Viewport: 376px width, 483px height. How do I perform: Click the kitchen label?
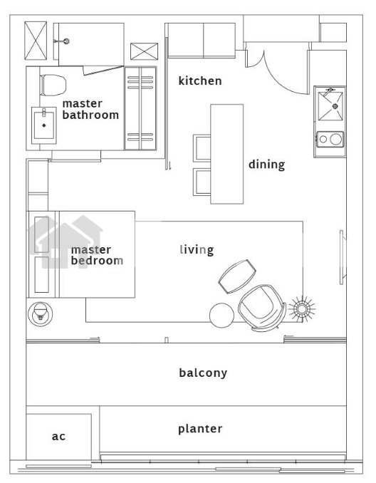(200, 80)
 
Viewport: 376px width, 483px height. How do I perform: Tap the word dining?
(266, 165)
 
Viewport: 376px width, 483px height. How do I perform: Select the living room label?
(197, 249)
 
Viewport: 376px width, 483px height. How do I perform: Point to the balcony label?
(203, 373)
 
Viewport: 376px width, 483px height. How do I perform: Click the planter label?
(200, 429)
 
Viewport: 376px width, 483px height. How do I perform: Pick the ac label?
(58, 436)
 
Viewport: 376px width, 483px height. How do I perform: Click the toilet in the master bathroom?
(53, 85)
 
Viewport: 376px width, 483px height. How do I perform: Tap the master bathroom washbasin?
(44, 125)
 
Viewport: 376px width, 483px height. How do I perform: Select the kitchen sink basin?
(330, 106)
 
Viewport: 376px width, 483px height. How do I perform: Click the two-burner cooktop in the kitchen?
(330, 139)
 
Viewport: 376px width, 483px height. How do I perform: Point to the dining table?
(227, 154)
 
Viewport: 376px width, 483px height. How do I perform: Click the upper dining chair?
(202, 148)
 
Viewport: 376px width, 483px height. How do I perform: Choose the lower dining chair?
(202, 182)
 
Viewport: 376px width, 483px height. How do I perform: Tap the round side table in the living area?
(221, 316)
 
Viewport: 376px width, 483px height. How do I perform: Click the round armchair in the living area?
(262, 308)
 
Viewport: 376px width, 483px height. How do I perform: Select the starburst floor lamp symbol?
(302, 309)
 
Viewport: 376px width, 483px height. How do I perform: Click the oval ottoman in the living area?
(237, 276)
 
